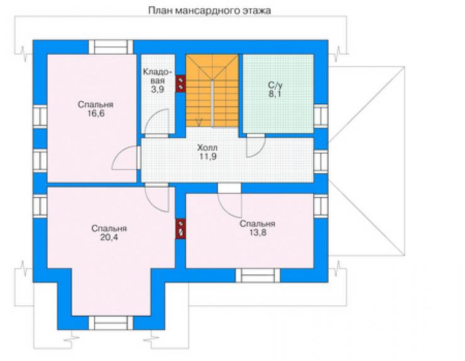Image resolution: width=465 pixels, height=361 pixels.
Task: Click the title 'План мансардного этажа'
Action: coord(209,11)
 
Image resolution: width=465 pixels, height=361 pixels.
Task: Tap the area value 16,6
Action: coord(96,113)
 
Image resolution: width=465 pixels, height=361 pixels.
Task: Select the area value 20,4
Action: coord(109,237)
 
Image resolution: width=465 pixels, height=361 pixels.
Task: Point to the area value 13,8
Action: coord(258,233)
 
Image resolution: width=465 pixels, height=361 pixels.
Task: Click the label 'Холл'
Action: coord(207,148)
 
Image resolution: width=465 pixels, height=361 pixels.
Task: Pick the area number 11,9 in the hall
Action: coord(207,156)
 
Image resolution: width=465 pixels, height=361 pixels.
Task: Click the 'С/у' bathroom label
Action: coord(275,85)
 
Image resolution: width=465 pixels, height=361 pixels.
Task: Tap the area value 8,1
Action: coord(275,94)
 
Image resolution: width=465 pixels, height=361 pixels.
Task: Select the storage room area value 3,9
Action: coord(158,89)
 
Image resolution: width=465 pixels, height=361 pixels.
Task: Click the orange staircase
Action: coord(212,90)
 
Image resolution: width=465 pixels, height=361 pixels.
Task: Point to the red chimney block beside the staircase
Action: coord(180,84)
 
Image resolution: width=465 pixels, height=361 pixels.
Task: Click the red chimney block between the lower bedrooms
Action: coord(180,229)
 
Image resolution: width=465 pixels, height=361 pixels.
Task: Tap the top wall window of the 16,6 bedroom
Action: coord(111,47)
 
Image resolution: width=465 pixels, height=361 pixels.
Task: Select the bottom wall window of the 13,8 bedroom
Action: coord(258,276)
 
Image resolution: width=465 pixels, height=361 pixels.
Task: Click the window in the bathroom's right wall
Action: coord(321,116)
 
